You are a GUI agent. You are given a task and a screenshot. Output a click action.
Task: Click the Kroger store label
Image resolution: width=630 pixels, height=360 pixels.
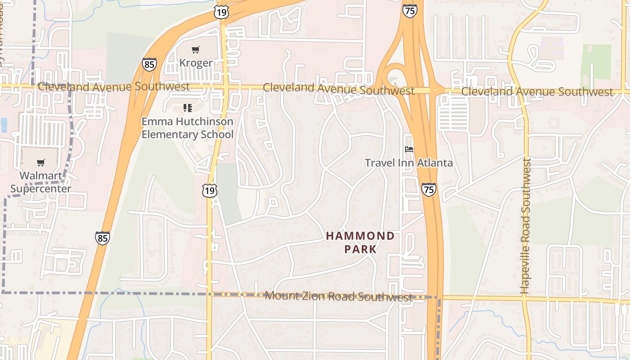pyautogui.click(x=196, y=63)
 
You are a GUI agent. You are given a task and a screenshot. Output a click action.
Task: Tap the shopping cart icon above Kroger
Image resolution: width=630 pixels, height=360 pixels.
pyautogui.click(x=195, y=49)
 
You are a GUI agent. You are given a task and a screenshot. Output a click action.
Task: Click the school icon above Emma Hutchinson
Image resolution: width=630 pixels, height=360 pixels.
pyautogui.click(x=188, y=108)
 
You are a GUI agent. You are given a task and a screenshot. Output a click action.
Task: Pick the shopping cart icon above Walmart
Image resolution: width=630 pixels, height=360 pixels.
pyautogui.click(x=41, y=162)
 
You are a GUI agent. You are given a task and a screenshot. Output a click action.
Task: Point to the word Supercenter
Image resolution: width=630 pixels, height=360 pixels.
pyautogui.click(x=40, y=188)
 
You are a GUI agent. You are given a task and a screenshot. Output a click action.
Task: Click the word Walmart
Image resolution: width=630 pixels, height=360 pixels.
pyautogui.click(x=40, y=175)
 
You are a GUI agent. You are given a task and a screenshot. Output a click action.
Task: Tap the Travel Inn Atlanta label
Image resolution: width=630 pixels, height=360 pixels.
pyautogui.click(x=409, y=162)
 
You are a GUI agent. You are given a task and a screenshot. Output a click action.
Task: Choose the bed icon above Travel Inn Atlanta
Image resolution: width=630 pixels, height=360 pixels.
pyautogui.click(x=409, y=149)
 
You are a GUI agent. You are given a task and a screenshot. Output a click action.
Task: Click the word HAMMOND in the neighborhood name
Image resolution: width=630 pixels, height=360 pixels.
pyautogui.click(x=360, y=236)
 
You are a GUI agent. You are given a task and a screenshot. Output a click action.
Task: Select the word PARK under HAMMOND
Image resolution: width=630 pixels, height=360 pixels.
pyautogui.click(x=360, y=249)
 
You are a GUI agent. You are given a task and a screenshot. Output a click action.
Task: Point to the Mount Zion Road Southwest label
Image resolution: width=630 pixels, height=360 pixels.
pyautogui.click(x=338, y=296)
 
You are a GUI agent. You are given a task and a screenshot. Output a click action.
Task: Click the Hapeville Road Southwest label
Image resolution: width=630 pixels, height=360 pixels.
pyautogui.click(x=526, y=226)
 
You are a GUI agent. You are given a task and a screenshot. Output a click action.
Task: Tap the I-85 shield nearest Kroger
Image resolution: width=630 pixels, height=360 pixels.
pyautogui.click(x=149, y=64)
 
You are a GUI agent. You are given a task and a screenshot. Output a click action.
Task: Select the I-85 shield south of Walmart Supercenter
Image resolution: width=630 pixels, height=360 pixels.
pyautogui.click(x=102, y=238)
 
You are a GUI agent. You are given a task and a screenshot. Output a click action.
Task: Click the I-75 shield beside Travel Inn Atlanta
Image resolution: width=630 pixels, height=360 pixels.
pyautogui.click(x=429, y=189)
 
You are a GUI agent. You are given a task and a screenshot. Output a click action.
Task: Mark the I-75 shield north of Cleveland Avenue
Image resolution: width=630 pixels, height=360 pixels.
pyautogui.click(x=409, y=11)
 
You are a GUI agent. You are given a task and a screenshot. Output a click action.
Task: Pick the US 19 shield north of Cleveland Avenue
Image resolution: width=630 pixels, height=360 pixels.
pyautogui.click(x=221, y=12)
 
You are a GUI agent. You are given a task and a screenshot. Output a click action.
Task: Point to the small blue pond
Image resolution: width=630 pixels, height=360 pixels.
pyautogui.click(x=4, y=125)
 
